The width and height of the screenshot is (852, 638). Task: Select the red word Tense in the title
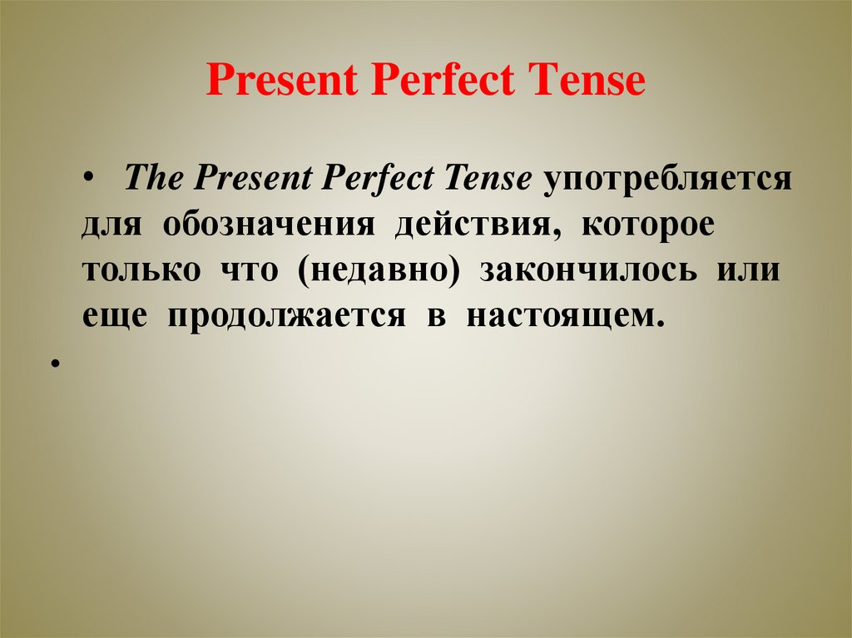tap(589, 82)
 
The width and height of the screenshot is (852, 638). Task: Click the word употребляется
tap(667, 181)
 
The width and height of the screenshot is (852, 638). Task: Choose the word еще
tap(115, 318)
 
